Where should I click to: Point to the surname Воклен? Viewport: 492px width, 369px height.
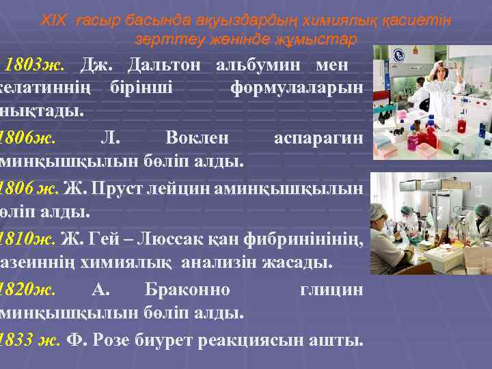[197, 137]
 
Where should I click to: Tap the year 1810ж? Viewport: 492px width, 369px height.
[29, 238]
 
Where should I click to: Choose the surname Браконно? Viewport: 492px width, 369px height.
[188, 289]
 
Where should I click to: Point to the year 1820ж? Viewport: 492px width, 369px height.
[29, 289]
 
